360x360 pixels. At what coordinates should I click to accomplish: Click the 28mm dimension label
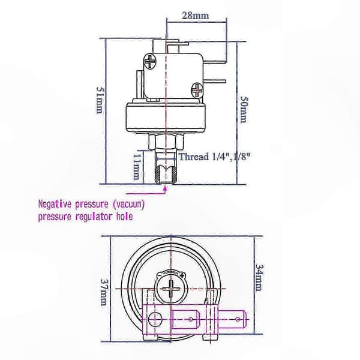point(196,16)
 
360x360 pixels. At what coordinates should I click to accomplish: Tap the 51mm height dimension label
point(100,100)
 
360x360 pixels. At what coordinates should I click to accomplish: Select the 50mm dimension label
point(244,109)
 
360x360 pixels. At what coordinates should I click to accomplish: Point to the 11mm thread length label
point(137,167)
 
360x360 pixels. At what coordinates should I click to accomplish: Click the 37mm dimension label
point(104,292)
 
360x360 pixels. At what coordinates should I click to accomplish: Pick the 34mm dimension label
point(259,278)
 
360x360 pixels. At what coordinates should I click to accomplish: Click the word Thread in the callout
point(194,157)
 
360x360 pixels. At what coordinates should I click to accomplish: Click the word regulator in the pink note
point(94,217)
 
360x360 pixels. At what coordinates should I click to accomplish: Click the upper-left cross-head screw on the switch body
point(150,61)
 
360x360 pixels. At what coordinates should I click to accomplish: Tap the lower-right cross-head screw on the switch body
point(197,90)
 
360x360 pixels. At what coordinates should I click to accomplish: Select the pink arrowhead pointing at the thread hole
point(165,188)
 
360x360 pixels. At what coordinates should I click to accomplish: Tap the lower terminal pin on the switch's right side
point(214,81)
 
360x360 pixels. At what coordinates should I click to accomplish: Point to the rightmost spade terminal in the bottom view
point(233,319)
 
